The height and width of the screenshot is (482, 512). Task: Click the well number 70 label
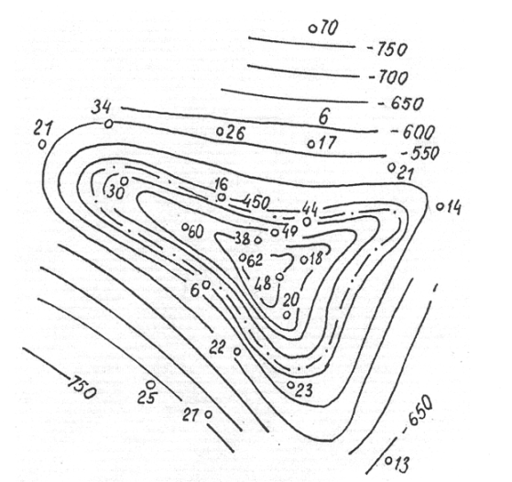tap(328, 27)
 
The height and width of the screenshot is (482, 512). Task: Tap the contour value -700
tap(388, 78)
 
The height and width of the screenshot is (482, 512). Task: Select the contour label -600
tap(413, 132)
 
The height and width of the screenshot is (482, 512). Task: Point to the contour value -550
tap(420, 153)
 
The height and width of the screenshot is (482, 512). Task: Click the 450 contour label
tap(256, 202)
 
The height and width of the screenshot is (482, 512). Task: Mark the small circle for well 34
tap(108, 124)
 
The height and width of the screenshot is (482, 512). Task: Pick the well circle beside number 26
tap(221, 131)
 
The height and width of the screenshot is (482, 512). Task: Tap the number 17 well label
tap(327, 143)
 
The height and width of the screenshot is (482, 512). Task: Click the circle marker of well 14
tap(441, 206)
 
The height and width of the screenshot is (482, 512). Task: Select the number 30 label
tap(115, 192)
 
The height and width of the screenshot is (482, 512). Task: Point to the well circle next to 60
tap(185, 226)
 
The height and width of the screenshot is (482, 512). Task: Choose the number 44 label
tap(310, 208)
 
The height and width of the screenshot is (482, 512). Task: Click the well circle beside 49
tap(275, 233)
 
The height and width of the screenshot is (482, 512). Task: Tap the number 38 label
tap(244, 239)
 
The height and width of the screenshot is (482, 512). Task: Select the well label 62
tap(255, 260)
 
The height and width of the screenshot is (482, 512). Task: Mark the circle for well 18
tap(304, 260)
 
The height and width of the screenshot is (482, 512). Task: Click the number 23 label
tap(304, 389)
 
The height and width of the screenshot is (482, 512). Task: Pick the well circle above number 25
tap(150, 384)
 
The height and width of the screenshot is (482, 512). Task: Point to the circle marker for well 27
tap(208, 414)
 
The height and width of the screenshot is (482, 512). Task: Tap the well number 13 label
tap(401, 464)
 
